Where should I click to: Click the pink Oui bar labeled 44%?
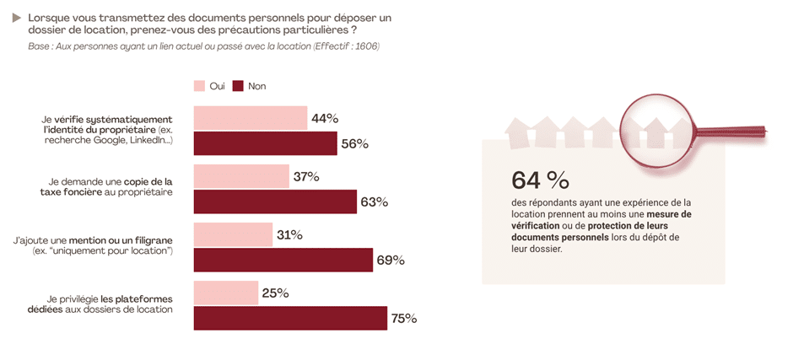[x=250, y=118]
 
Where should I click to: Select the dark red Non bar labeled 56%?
[x=265, y=143]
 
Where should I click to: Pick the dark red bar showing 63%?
[x=275, y=201]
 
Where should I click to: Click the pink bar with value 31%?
[x=233, y=234]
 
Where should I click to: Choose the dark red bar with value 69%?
[x=283, y=260]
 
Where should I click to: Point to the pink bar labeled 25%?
[x=226, y=293]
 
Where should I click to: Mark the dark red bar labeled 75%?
[x=290, y=318]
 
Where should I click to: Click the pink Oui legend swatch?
[x=200, y=86]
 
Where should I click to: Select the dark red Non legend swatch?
[x=238, y=86]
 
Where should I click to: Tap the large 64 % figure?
[x=540, y=180]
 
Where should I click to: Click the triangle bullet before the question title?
[x=17, y=17]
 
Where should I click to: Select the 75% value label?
[x=403, y=319]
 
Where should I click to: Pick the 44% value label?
[x=325, y=118]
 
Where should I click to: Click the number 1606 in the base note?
[x=364, y=46]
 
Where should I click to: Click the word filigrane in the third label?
[x=153, y=240]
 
